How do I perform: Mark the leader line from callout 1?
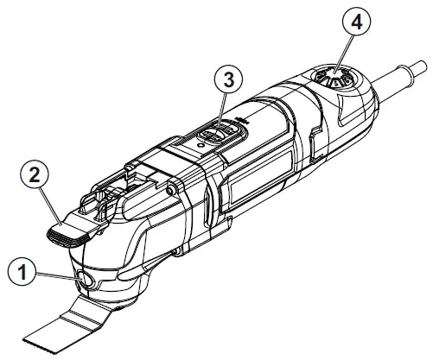[x=56, y=275]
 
